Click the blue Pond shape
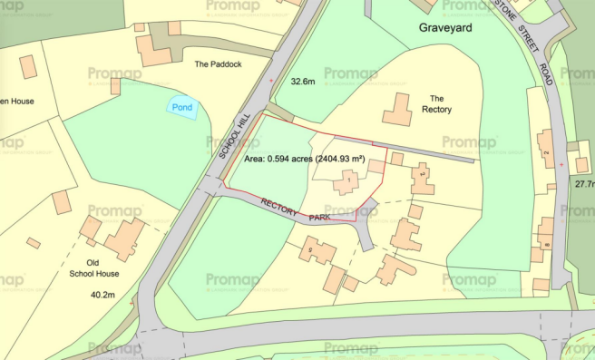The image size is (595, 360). pos(182,108)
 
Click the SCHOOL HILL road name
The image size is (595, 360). pos(228,137)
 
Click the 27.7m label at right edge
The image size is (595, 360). pos(583,183)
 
